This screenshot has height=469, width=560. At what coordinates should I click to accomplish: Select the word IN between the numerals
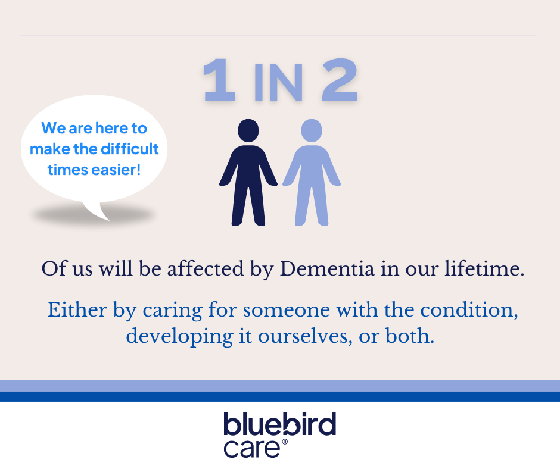point(279,82)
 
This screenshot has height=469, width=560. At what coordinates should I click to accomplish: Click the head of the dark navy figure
point(248,130)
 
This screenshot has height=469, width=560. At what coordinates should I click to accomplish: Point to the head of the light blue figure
point(312,130)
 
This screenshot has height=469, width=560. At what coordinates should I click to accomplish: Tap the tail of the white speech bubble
point(97,211)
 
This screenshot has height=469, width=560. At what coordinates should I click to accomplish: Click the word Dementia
point(327,268)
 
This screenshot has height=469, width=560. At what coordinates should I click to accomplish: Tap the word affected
point(206,268)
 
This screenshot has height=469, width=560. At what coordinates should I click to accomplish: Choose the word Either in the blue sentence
point(77,309)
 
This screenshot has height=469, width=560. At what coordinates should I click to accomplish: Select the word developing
point(180,337)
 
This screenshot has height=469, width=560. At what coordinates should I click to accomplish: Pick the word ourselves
point(303,337)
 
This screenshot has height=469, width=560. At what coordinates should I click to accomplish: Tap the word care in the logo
point(252,449)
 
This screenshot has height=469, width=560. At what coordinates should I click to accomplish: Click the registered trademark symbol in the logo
point(285,442)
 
